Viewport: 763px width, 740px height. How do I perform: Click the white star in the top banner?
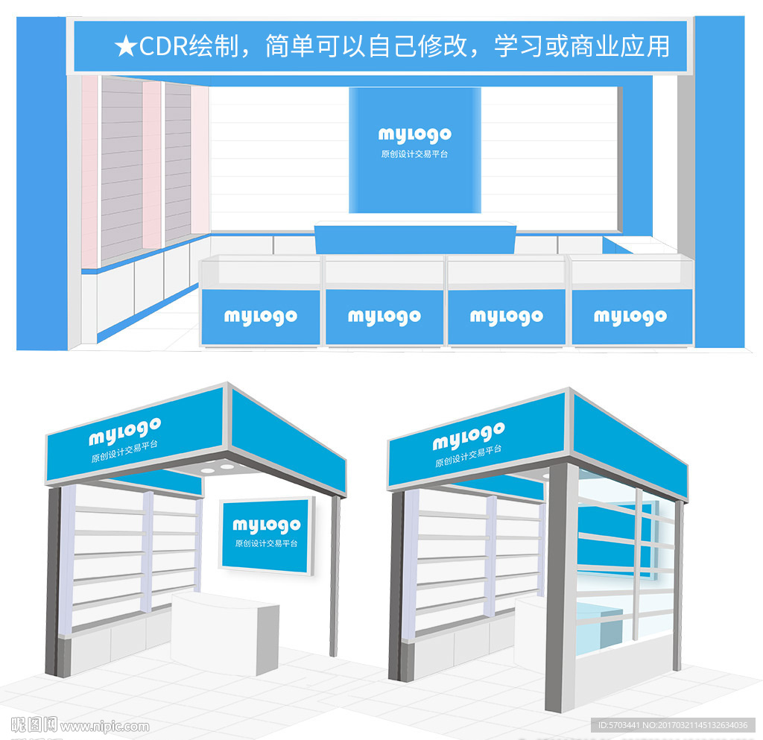pos(126,47)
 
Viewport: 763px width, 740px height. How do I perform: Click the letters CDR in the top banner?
pos(163,46)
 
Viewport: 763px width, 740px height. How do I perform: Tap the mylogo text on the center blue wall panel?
pos(414,135)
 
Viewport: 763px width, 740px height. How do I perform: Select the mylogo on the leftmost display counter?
pos(260,317)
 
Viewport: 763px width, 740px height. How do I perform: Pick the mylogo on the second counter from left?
pos(384,317)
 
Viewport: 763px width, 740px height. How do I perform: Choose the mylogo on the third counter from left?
pos(506,317)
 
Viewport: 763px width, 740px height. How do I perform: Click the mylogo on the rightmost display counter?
pos(630,317)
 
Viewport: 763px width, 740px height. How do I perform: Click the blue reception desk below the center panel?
pos(415,238)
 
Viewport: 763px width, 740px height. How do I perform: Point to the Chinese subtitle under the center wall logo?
pos(414,154)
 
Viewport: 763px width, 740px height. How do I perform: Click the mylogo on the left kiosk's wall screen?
pos(266,525)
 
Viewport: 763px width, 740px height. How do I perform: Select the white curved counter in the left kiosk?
pos(225,633)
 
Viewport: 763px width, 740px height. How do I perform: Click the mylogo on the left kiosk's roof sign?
pos(125,431)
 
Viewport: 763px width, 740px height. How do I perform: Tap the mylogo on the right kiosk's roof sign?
pos(469,436)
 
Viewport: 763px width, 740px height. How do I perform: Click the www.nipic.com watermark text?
pos(104,727)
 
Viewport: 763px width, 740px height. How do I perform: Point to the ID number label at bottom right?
pos(673,725)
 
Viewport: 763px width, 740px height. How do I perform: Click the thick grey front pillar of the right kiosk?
pos(560,587)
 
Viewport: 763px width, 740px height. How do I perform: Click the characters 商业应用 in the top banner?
pos(619,47)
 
